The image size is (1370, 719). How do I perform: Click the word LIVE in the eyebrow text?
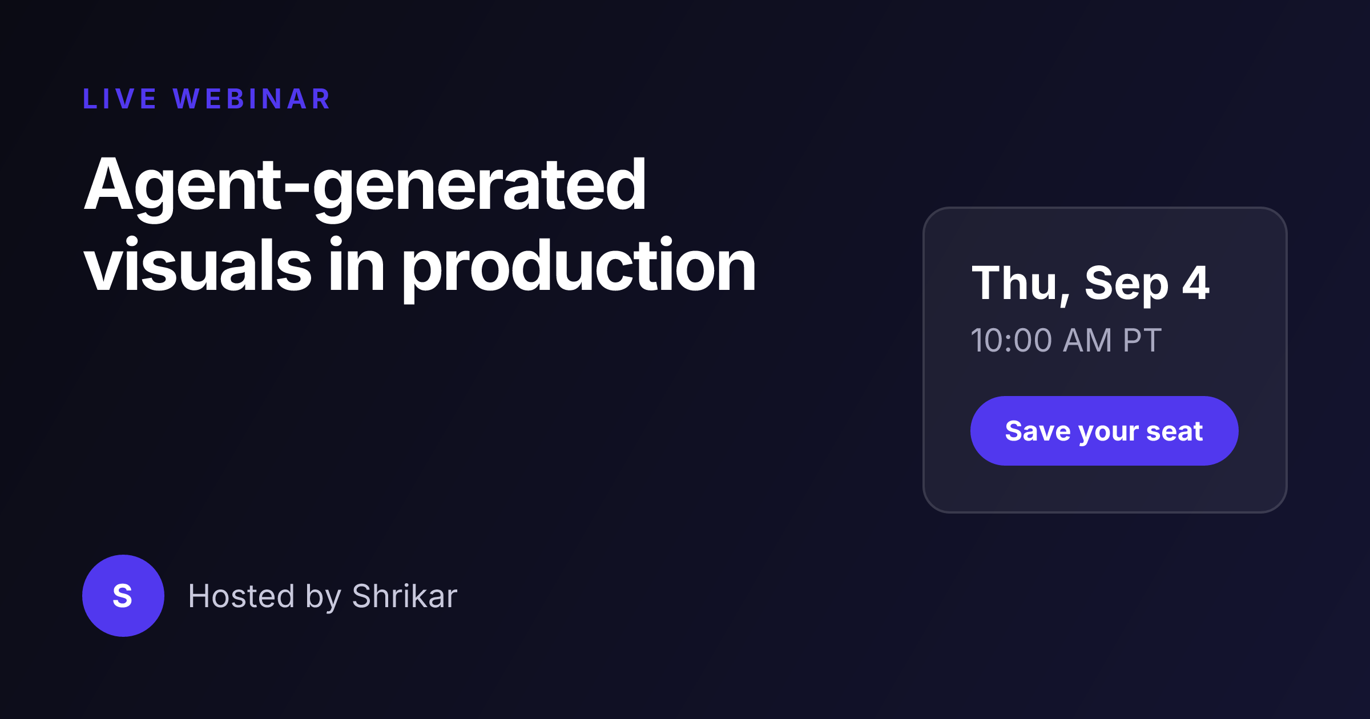pos(119,99)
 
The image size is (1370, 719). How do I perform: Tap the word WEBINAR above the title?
pos(252,99)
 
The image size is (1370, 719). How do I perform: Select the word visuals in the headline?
pos(198,265)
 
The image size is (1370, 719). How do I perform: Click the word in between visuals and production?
pos(357,264)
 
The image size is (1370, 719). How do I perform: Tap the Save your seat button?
pos(1104,431)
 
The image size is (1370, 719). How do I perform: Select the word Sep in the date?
pos(1126,285)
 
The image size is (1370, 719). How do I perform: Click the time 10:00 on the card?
pos(1011,341)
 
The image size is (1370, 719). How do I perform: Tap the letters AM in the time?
pos(1087,341)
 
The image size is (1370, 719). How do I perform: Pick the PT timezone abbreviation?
pos(1142,341)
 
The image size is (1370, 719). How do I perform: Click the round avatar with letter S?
pos(123,596)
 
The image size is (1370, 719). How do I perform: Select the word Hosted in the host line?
pos(241,596)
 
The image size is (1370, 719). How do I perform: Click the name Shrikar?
pos(405,596)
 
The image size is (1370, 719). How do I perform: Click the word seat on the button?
pos(1175,431)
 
